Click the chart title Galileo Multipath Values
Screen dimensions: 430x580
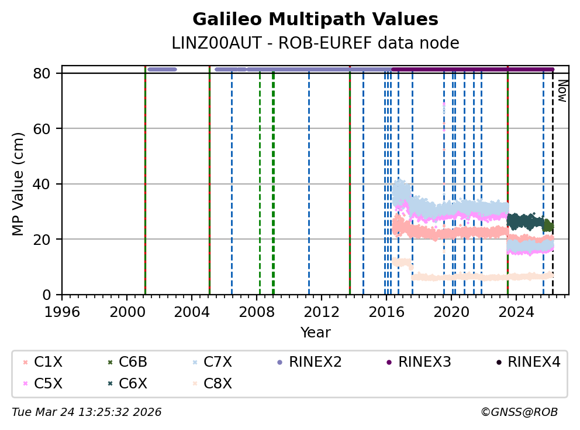[x=315, y=19]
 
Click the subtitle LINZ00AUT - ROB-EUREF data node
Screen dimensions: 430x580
[x=315, y=43]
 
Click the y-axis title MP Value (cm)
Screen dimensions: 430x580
[x=19, y=184]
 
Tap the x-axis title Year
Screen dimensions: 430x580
[x=315, y=333]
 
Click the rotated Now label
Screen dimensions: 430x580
[x=562, y=91]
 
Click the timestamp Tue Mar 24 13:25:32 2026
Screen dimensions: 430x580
[x=87, y=412]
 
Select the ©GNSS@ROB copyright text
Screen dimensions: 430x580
[x=519, y=412]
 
